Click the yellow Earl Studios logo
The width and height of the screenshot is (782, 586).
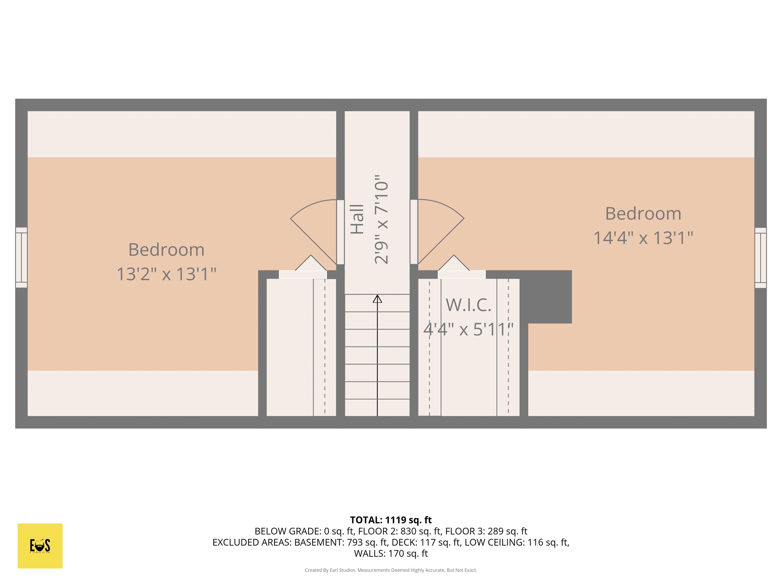click(x=40, y=546)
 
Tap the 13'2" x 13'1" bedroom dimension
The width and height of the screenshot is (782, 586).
click(x=166, y=274)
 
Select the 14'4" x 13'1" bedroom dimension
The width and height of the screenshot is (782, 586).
click(x=643, y=238)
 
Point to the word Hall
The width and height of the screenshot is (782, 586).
click(x=357, y=219)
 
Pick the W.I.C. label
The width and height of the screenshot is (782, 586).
click(x=468, y=305)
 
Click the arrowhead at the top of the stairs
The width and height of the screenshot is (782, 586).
click(x=377, y=299)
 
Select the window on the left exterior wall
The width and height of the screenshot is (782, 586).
click(x=21, y=257)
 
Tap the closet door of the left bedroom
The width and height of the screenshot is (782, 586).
click(x=303, y=274)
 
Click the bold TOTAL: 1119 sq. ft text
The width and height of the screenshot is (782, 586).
click(x=391, y=520)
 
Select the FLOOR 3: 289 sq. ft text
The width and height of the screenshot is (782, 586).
click(x=486, y=531)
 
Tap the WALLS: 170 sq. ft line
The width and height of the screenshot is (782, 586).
click(x=391, y=553)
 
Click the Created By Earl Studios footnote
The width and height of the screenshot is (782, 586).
click(x=391, y=570)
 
